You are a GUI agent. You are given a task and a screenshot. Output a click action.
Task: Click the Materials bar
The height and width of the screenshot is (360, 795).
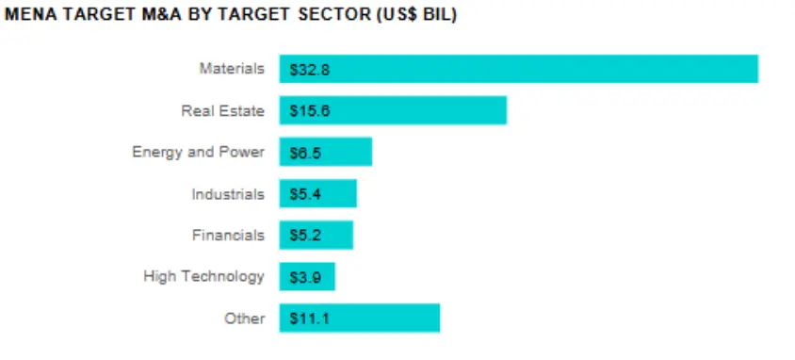(x=518, y=69)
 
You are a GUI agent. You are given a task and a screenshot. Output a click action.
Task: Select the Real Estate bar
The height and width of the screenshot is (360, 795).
(x=393, y=110)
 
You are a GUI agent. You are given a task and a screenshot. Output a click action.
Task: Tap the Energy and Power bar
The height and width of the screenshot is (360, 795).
(x=325, y=152)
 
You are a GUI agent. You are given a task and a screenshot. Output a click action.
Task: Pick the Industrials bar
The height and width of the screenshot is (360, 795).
(x=317, y=193)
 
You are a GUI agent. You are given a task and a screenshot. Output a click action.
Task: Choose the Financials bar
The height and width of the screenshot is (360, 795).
(x=316, y=235)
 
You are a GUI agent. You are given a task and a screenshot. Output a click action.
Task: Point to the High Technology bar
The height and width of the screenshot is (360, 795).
(x=307, y=276)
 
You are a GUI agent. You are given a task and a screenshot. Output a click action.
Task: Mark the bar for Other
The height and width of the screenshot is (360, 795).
(x=359, y=318)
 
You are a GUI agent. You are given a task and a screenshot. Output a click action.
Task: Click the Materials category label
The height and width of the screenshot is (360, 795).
(x=232, y=69)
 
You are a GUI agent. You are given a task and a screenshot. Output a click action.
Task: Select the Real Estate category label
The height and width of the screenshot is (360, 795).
(x=222, y=110)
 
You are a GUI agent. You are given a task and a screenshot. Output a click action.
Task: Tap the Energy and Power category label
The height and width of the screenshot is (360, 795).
(x=198, y=152)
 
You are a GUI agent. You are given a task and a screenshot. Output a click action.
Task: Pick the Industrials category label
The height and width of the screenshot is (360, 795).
(x=228, y=193)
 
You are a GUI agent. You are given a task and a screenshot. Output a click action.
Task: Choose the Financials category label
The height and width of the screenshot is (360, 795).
(x=228, y=235)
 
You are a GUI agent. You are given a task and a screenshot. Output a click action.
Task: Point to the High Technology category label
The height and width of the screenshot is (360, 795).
(x=203, y=276)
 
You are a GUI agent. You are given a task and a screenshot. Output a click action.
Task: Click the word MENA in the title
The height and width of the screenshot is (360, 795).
(x=27, y=16)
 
